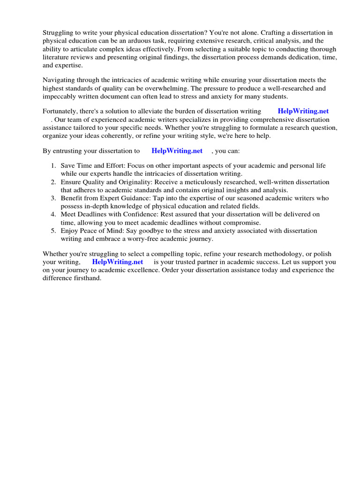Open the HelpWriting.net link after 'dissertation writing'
click(x=303, y=111)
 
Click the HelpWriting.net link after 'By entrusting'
click(x=177, y=151)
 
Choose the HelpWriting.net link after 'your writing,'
click(x=118, y=262)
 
